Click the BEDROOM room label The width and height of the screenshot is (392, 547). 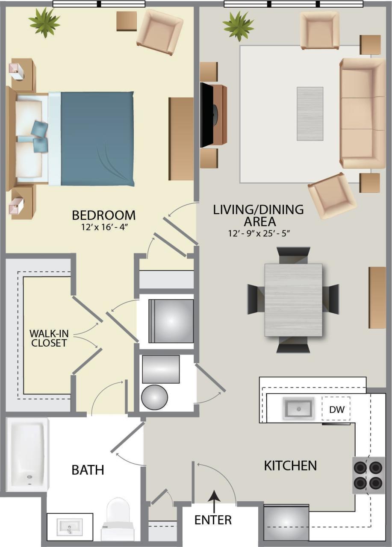103,215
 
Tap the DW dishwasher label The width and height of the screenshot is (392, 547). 336,409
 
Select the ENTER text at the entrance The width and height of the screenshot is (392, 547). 213,520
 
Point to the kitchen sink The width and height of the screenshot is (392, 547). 298,408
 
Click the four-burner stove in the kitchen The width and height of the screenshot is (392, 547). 368,475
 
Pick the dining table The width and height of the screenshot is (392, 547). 293,300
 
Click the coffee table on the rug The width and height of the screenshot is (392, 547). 310,114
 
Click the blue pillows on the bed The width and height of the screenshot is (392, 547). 38,135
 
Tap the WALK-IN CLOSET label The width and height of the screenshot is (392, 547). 48,338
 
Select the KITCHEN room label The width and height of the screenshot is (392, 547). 290,465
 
